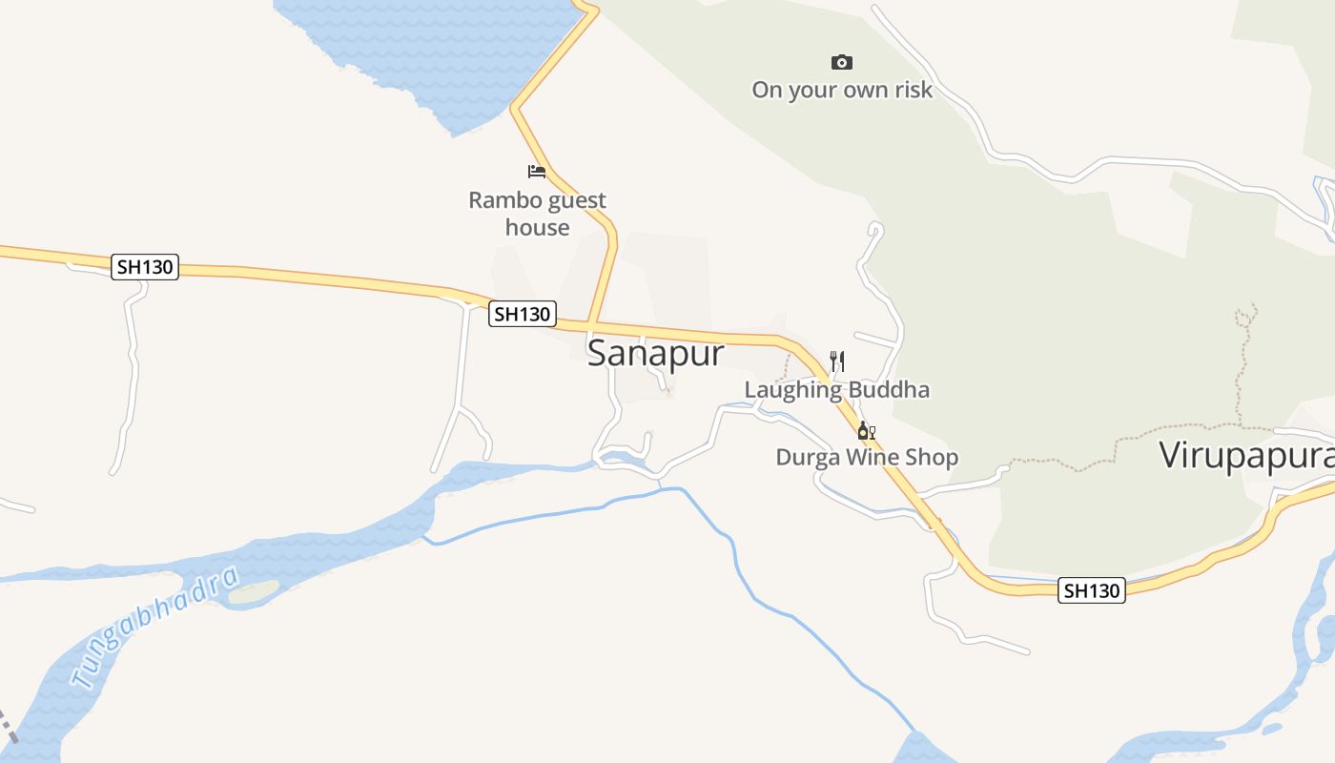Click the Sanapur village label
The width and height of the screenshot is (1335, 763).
click(655, 354)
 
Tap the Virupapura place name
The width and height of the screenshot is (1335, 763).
click(1245, 456)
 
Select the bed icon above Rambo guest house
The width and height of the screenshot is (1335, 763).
click(537, 172)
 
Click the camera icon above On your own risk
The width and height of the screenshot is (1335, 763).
click(841, 63)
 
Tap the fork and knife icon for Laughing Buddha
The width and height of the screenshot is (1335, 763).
click(837, 361)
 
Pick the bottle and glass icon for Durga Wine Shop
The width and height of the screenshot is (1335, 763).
click(866, 431)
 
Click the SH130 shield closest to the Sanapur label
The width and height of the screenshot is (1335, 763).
click(522, 314)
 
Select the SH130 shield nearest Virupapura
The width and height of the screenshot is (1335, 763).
click(1092, 590)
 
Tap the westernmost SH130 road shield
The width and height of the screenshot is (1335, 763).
click(145, 267)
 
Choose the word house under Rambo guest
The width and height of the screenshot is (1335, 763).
click(537, 228)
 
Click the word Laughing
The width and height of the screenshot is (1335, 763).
click(793, 390)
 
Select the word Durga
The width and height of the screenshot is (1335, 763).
click(806, 458)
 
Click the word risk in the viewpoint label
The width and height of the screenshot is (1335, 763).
click(910, 91)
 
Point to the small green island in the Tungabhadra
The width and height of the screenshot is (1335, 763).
click(254, 592)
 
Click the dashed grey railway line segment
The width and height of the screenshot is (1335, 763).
click(8, 725)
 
